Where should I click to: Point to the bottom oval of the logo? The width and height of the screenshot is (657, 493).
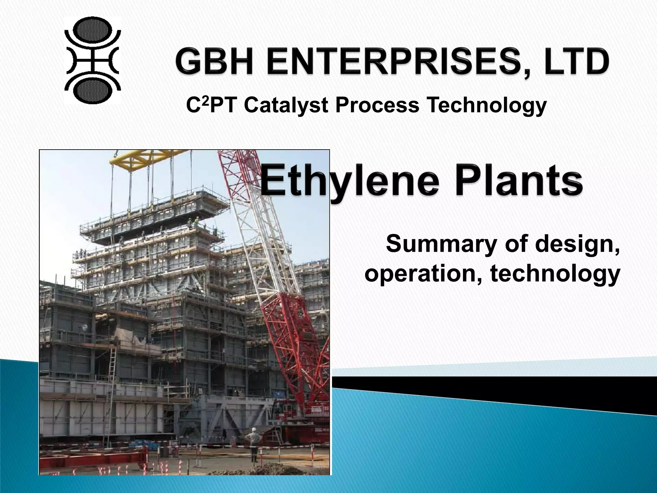(93, 90)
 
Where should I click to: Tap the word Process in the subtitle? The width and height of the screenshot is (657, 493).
(377, 106)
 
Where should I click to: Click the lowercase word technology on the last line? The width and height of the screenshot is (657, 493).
(555, 274)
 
